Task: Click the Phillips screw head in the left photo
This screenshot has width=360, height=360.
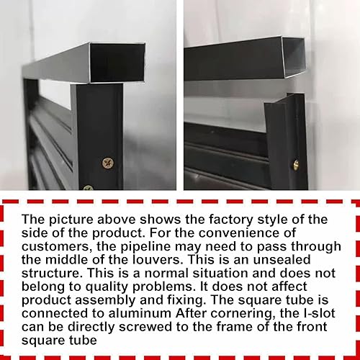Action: pyautogui.click(x=108, y=163)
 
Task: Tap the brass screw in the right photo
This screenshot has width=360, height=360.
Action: pyautogui.click(x=296, y=166)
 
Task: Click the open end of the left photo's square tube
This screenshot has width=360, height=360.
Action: pyautogui.click(x=117, y=63)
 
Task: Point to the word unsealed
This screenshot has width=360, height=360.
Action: pyautogui.click(x=282, y=260)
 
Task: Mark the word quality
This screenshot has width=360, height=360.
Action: pyautogui.click(x=107, y=287)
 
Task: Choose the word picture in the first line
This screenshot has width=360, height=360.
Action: pyautogui.click(x=71, y=220)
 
